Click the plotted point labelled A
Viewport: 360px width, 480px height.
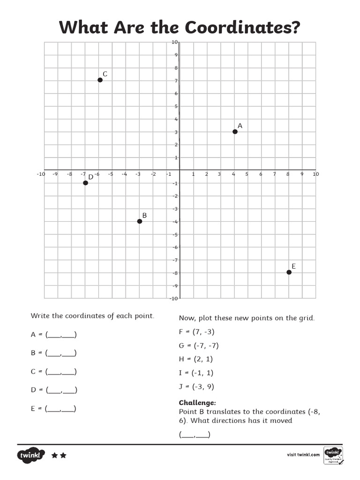pyautogui.click(x=235, y=132)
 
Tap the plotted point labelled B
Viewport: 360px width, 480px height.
pyautogui.click(x=140, y=221)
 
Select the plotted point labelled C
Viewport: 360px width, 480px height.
pyautogui.click(x=100, y=80)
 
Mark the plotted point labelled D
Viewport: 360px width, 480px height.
pyautogui.click(x=85, y=183)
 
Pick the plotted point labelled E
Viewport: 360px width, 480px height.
pyautogui.click(x=289, y=272)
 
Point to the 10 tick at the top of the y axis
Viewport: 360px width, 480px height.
pyautogui.click(x=174, y=42)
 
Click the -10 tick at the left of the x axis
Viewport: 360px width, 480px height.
pyautogui.click(x=40, y=174)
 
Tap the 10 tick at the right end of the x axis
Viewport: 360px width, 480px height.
pyautogui.click(x=315, y=174)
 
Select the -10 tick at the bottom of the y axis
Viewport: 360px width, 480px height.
pyautogui.click(x=173, y=298)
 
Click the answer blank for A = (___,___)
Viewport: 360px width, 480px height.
pyautogui.click(x=61, y=335)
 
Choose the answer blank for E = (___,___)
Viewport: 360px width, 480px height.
pyautogui.click(x=61, y=409)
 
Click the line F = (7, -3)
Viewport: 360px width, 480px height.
pyautogui.click(x=197, y=332)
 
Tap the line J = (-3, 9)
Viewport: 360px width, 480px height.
pyautogui.click(x=197, y=387)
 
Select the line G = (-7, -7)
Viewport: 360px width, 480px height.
pyautogui.click(x=199, y=346)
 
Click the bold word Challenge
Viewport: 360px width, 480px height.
pyautogui.click(x=197, y=403)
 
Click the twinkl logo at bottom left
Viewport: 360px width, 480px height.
pyautogui.click(x=31, y=455)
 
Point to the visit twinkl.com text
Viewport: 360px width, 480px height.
pyautogui.click(x=303, y=455)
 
